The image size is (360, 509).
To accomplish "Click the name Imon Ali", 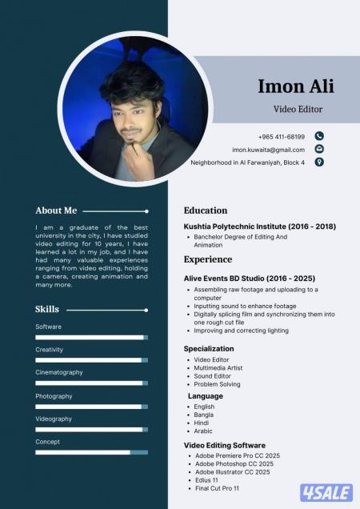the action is (x=295, y=86).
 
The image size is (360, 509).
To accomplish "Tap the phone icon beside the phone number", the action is (x=319, y=136).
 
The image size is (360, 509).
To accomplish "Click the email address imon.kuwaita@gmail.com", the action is (x=268, y=150).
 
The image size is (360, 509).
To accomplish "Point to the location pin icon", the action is (x=319, y=162).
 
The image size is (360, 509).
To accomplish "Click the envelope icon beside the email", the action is (x=319, y=149).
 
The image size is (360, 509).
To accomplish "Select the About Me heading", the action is (x=56, y=210).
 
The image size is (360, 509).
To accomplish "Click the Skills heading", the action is (x=47, y=309).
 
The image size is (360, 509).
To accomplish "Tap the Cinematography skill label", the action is (x=58, y=372).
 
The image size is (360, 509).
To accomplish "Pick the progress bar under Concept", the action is (x=91, y=452).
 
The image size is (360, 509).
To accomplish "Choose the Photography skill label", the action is (x=54, y=395).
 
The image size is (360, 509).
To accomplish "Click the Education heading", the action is (x=206, y=210).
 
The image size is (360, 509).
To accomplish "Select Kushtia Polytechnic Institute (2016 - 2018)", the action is (x=259, y=226).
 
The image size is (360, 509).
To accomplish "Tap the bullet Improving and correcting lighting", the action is (x=241, y=330).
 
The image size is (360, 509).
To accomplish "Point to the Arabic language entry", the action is (x=203, y=431).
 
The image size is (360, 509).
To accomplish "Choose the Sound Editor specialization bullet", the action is (x=213, y=375).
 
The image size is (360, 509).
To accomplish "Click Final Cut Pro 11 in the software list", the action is (x=218, y=487).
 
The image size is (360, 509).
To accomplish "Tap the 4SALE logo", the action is (x=326, y=492).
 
